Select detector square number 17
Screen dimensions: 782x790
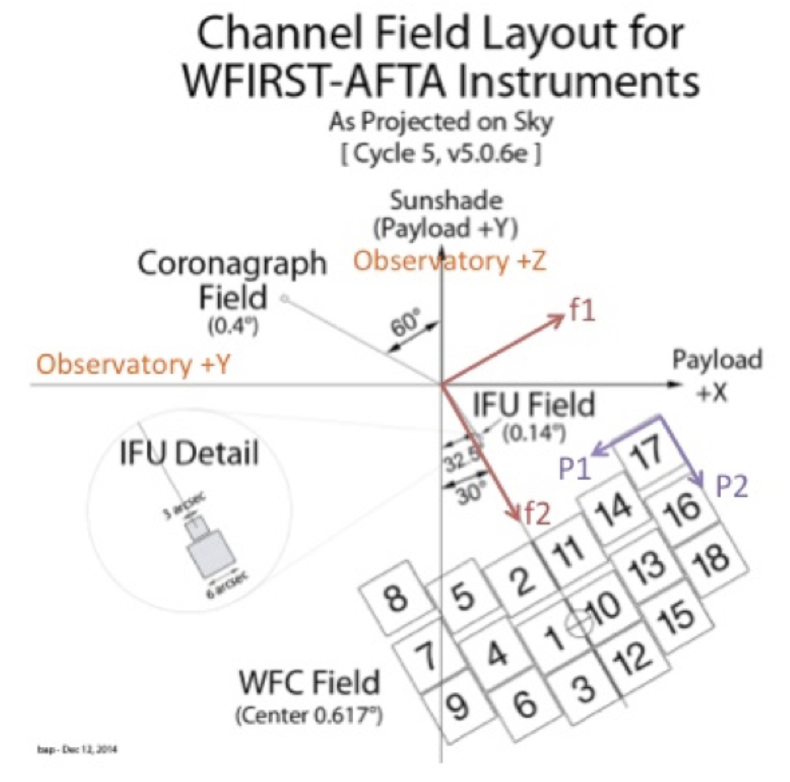coord(647,454)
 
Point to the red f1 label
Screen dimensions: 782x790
coord(583,311)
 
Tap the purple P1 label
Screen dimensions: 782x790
coord(574,469)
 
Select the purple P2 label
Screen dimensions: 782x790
coord(732,487)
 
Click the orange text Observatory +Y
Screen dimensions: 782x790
coord(133,364)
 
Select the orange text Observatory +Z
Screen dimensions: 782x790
coord(450,261)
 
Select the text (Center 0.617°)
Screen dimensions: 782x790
coord(309,715)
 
